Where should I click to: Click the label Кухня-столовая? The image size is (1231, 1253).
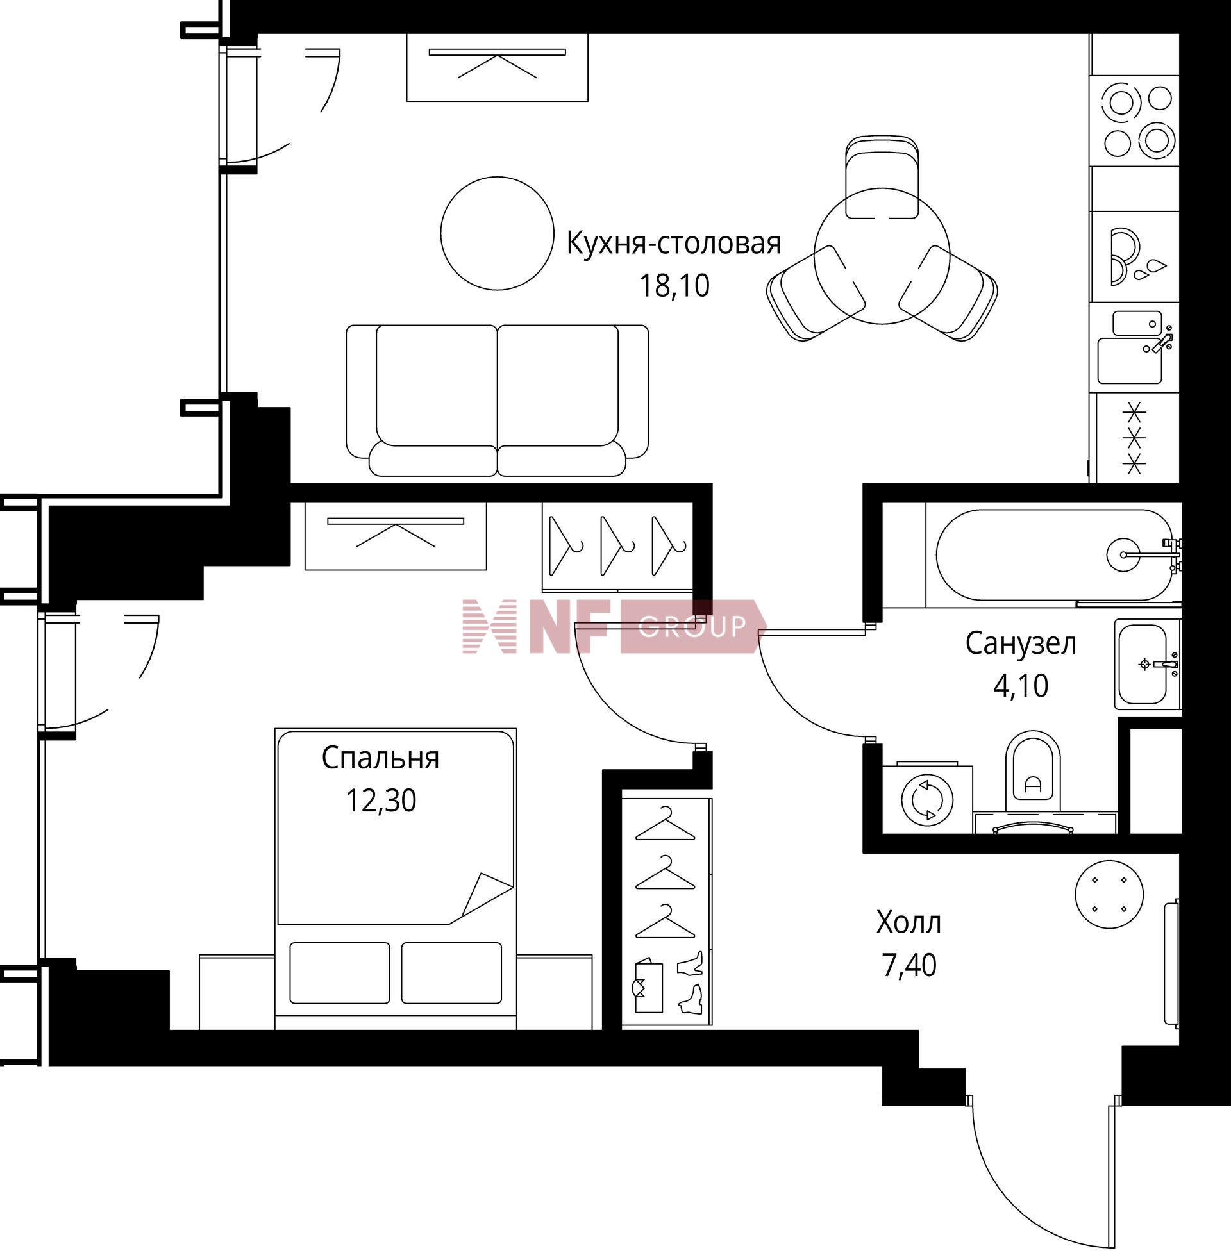[x=674, y=244]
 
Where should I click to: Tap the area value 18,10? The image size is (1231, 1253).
[x=674, y=285]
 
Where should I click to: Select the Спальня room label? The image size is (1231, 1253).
[x=380, y=759]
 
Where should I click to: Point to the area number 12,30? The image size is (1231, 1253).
[x=381, y=801]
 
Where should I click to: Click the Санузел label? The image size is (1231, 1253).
[x=1021, y=643]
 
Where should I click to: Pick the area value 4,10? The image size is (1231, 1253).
[x=1021, y=686]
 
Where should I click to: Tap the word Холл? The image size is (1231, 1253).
[x=909, y=922]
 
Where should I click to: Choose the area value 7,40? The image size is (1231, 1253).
[x=909, y=965]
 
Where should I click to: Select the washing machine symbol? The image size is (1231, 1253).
[x=927, y=799]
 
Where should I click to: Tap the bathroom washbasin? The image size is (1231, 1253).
[x=1146, y=663]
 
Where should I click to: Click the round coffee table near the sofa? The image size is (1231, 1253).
[x=497, y=233]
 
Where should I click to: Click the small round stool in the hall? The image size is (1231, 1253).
[x=1109, y=894]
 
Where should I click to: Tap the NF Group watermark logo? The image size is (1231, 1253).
[x=614, y=626]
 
